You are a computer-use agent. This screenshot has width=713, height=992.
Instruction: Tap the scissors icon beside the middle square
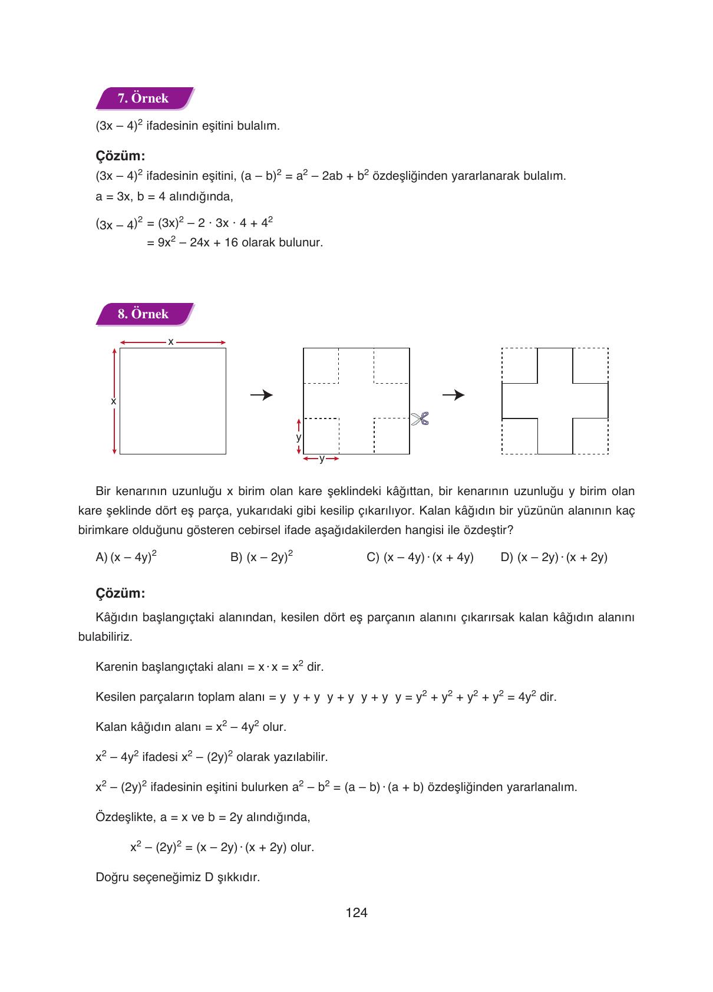(x=420, y=419)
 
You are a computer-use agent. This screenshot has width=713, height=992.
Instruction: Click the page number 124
(x=356, y=913)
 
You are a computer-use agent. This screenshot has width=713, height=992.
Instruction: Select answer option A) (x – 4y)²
(x=126, y=557)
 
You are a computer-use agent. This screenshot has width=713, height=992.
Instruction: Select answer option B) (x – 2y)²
(x=262, y=557)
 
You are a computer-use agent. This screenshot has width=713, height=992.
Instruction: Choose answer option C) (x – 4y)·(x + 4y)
(x=420, y=557)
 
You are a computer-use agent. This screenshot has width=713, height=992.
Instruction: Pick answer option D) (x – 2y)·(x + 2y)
(x=553, y=557)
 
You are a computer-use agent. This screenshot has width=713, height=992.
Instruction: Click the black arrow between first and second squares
(x=262, y=395)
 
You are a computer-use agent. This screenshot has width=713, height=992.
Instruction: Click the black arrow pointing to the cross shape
(x=453, y=395)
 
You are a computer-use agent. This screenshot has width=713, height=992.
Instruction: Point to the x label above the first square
(x=171, y=341)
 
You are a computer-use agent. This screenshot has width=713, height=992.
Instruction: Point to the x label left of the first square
(x=114, y=401)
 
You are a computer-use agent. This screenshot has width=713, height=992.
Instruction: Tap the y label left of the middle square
(x=299, y=437)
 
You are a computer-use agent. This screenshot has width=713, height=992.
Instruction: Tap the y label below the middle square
(x=321, y=459)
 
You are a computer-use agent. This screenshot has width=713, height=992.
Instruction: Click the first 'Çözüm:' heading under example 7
(x=120, y=156)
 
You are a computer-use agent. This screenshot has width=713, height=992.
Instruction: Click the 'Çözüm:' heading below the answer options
(x=120, y=593)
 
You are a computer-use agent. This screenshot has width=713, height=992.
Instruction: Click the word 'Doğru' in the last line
(x=111, y=877)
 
